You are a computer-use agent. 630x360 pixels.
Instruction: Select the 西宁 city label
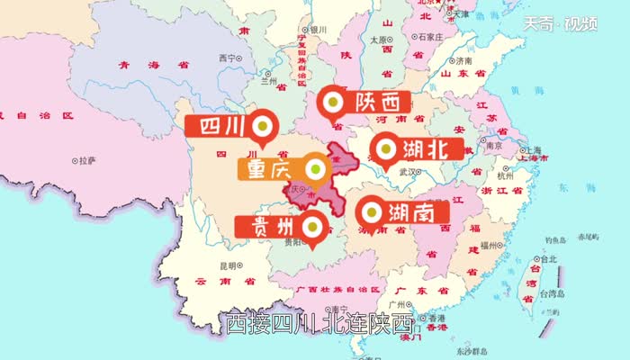[226, 58]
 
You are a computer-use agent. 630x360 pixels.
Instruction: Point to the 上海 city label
[528, 149]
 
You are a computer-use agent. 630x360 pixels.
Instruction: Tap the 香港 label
[436, 319]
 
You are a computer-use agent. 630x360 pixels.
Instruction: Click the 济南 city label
[462, 61]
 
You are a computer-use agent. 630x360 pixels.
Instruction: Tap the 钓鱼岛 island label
[557, 240]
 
